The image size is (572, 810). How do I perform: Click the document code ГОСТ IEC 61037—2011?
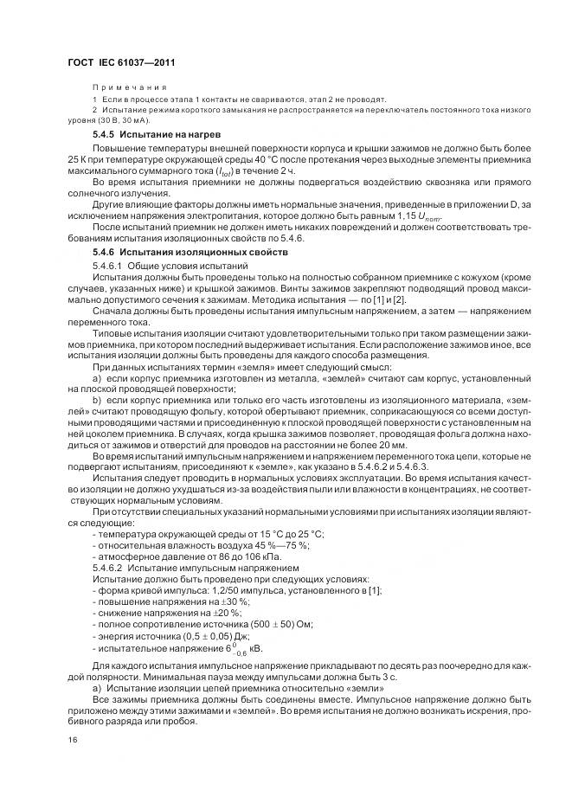121,63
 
